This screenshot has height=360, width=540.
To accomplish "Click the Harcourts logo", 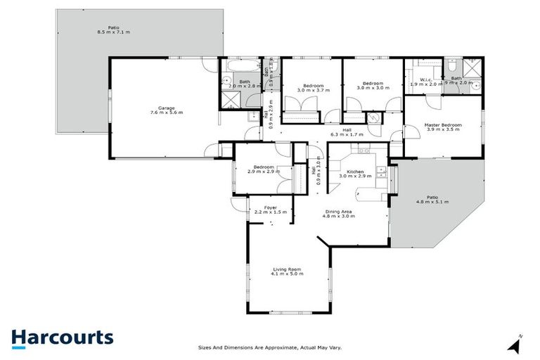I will pos(62,337).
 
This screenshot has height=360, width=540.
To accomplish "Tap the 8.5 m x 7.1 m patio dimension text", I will pos(113,32).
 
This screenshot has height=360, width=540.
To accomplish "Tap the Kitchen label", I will pos(354,172).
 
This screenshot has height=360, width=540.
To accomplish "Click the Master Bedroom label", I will pos(442,125).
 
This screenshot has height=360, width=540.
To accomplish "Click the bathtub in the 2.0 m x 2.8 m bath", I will pos(231,69).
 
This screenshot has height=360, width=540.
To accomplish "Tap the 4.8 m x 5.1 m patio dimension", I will pos(432,202).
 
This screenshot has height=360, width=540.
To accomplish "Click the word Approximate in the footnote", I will pos(288,347).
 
